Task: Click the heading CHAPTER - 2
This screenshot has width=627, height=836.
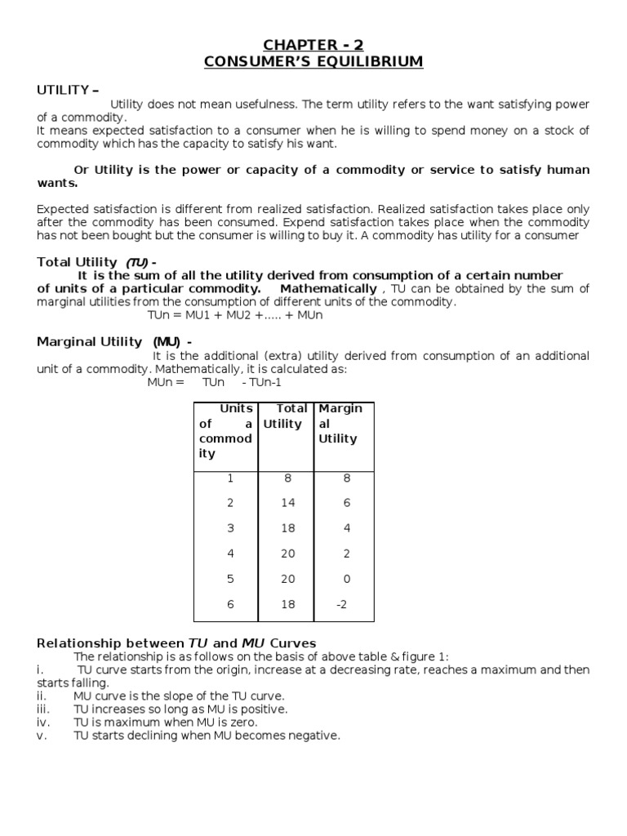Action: click(313, 45)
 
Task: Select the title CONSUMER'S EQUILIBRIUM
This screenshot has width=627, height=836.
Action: click(313, 62)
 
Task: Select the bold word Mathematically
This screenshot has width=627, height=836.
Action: click(328, 289)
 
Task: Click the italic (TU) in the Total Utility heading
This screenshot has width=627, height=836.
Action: click(136, 262)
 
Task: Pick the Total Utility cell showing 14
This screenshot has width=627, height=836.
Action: click(287, 504)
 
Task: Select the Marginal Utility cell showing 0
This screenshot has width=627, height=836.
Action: click(346, 580)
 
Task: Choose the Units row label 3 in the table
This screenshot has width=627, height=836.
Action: click(230, 529)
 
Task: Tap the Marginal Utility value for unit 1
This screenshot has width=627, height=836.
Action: click(346, 478)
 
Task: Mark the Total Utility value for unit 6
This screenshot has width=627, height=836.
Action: click(287, 605)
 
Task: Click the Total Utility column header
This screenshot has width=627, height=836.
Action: click(286, 416)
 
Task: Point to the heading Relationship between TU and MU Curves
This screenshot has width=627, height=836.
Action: click(176, 643)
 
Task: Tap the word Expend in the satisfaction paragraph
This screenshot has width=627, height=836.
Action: click(368, 222)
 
